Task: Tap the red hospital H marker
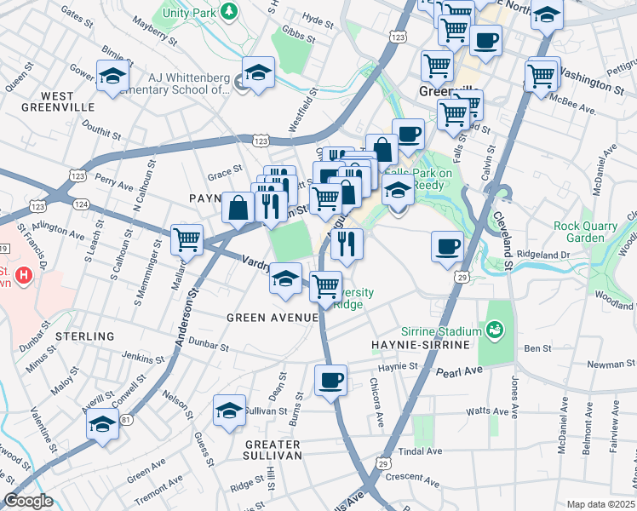pyautogui.click(x=24, y=276)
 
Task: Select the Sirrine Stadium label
pyautogui.click(x=440, y=329)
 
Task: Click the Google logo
pyautogui.click(x=28, y=501)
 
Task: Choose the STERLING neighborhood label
pyautogui.click(x=84, y=336)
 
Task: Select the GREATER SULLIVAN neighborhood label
pyautogui.click(x=273, y=450)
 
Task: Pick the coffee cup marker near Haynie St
pyautogui.click(x=330, y=380)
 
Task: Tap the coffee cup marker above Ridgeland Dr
pyautogui.click(x=447, y=247)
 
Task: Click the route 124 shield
pyautogui.click(x=81, y=204)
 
